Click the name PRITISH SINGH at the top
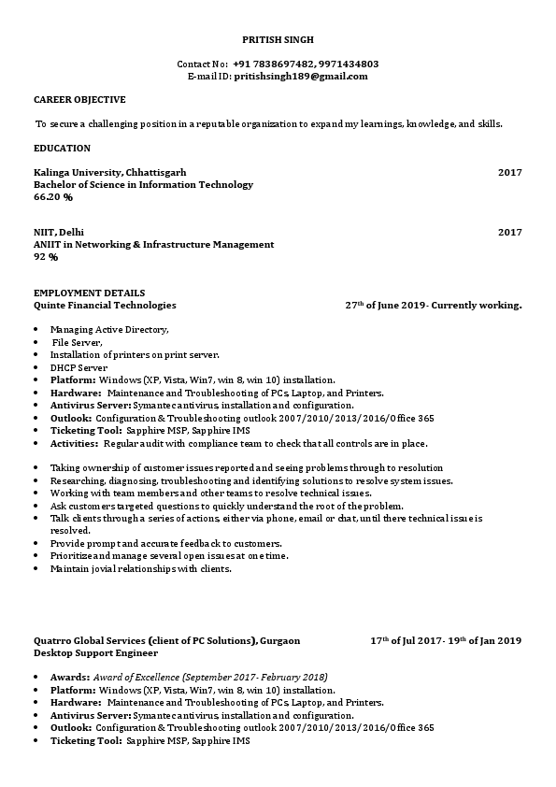278,40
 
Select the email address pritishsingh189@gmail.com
301,77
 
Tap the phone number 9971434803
348,64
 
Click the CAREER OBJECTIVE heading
79,99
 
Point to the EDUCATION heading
62,148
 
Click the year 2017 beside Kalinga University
509,173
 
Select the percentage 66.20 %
53,197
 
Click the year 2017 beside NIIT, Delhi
509,232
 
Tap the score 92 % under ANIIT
46,256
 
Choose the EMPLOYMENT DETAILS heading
89,293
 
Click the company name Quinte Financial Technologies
105,305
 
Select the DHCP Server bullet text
78,367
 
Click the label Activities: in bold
74,443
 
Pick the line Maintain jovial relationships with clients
140,568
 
